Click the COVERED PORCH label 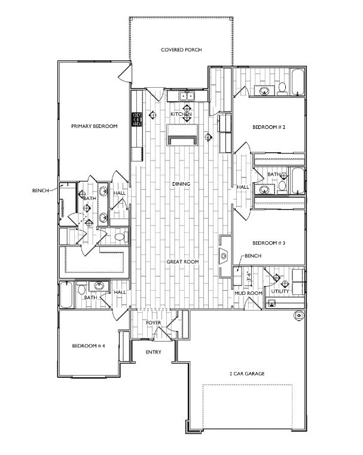click(x=181, y=50)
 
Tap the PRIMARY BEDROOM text click(x=94, y=126)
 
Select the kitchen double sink click(x=187, y=96)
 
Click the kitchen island click(x=182, y=135)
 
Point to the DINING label click(x=181, y=184)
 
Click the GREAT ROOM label click(x=182, y=262)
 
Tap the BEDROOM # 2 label click(x=269, y=127)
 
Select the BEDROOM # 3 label click(x=269, y=243)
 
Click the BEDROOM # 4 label click(x=89, y=346)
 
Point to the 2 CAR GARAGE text click(x=247, y=373)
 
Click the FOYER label click(x=154, y=322)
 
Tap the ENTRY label click(x=153, y=352)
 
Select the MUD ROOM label click(x=249, y=293)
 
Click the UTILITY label click(x=280, y=291)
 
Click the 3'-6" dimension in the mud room click(x=249, y=276)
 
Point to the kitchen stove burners click(x=137, y=119)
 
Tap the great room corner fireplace click(x=224, y=256)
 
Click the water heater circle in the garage click(x=299, y=315)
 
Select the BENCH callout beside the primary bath click(x=41, y=190)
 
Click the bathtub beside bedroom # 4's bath click(x=66, y=294)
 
